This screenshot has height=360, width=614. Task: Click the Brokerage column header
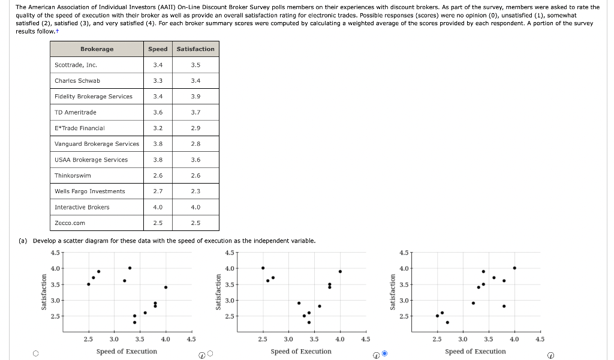point(97,49)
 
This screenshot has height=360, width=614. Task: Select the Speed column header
point(158,49)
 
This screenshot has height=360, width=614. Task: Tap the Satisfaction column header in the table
point(195,49)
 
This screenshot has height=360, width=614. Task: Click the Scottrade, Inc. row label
point(76,65)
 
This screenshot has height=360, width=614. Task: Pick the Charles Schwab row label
point(77,80)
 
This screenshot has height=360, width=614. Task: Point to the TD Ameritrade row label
point(76,112)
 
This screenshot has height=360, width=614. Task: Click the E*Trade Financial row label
point(80,128)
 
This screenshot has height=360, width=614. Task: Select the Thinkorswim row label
point(73,176)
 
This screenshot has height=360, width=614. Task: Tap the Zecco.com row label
point(70,223)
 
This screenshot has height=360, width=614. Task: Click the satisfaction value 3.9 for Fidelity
point(195,97)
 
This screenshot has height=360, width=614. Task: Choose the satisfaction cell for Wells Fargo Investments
point(195,191)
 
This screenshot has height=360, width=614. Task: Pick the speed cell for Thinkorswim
point(158,176)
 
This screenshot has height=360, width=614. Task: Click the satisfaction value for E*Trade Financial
point(195,128)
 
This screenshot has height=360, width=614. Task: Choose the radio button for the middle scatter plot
point(210,353)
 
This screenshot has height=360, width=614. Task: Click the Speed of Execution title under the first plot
point(127,352)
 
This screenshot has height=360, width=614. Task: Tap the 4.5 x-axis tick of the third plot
point(540,340)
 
